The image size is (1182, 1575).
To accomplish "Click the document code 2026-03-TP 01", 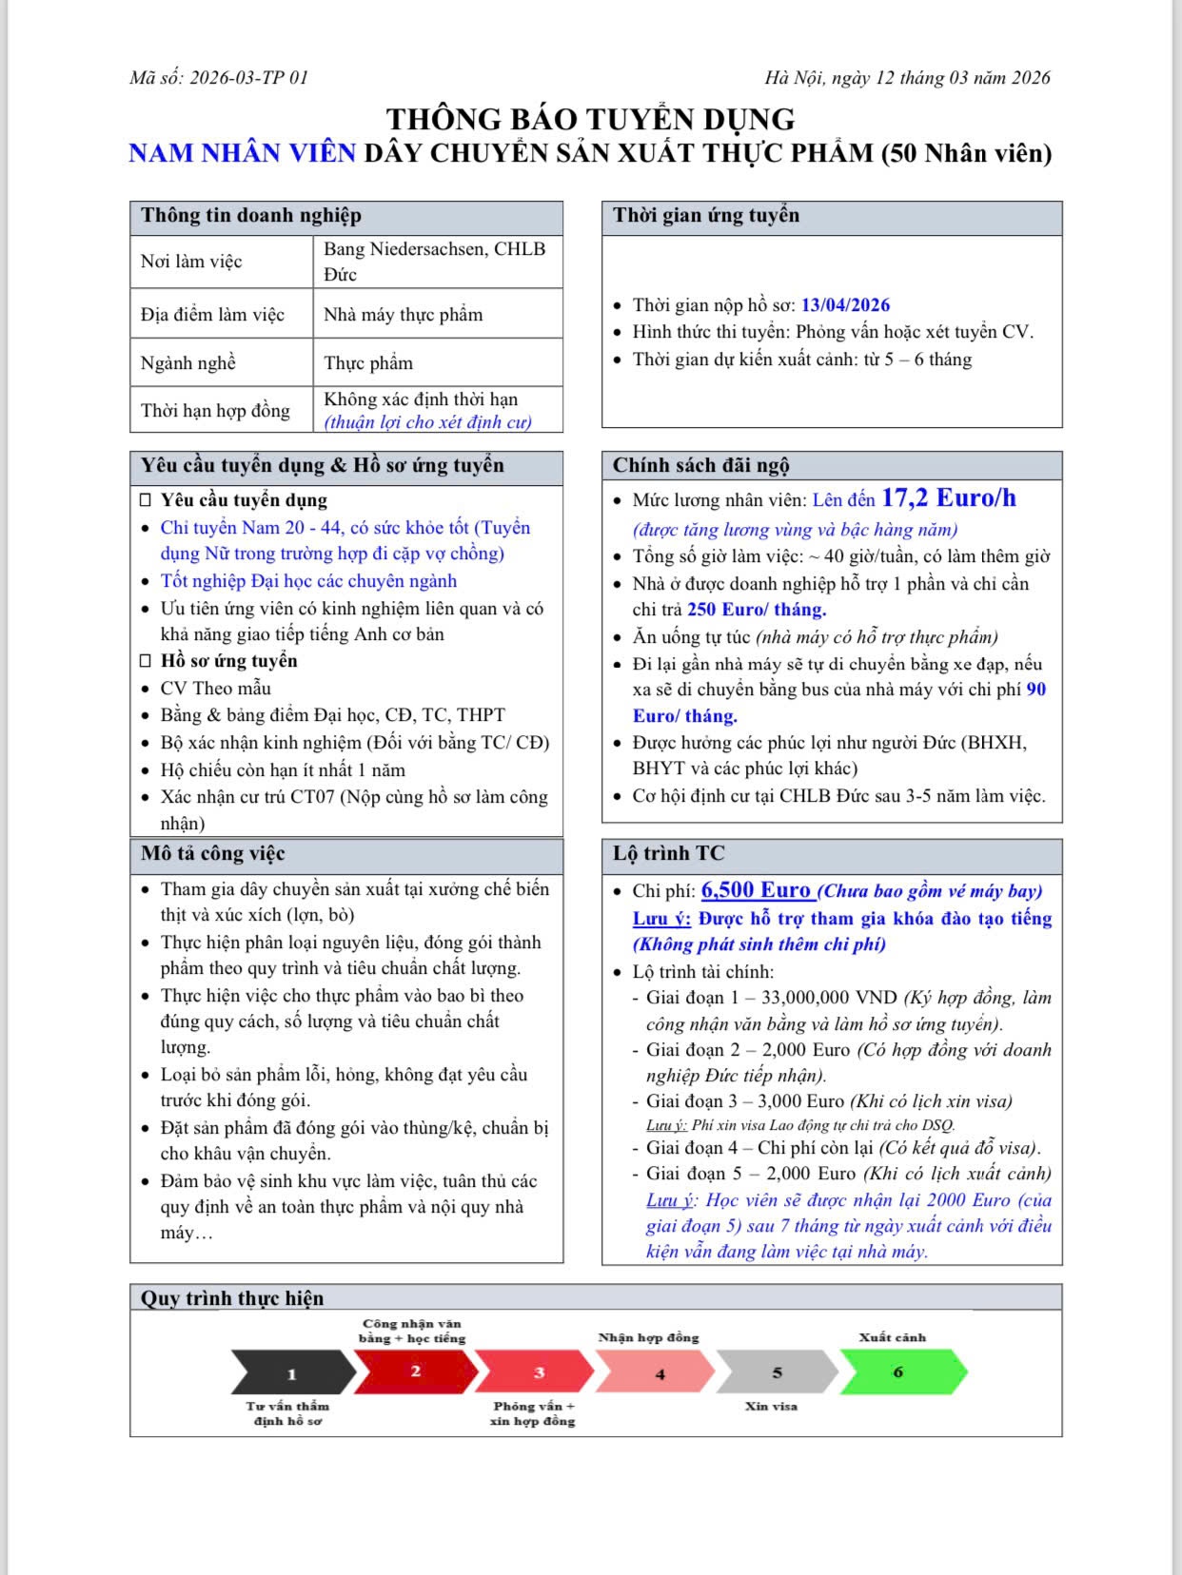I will click(248, 78).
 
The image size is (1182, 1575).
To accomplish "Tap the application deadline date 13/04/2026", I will click(845, 305).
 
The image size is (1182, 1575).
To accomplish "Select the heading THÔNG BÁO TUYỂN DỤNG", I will click(590, 120).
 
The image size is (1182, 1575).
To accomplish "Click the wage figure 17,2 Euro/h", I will click(948, 498).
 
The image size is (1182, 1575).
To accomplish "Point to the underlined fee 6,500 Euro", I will click(757, 890).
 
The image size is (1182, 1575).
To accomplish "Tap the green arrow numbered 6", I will click(899, 1372).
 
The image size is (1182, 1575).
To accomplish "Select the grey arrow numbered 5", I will click(777, 1372).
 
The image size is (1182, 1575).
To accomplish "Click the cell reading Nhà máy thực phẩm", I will click(403, 315).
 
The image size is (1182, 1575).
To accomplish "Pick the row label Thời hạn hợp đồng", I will click(215, 411).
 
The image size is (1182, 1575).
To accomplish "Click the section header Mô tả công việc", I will click(213, 854).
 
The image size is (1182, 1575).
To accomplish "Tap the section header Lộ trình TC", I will click(668, 854).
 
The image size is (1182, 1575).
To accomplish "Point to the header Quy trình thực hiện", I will click(232, 1299).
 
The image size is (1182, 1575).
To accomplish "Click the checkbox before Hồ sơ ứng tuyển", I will click(146, 661).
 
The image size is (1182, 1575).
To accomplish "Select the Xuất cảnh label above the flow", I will click(892, 1337).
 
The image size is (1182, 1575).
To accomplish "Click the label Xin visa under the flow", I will click(771, 1406).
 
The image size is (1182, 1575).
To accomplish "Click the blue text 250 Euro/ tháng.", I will click(757, 610).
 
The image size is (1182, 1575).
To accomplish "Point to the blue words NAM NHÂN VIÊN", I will click(242, 153).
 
